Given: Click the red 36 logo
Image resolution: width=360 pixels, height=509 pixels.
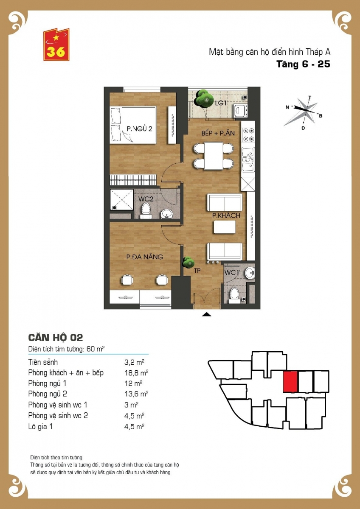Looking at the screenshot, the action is [x=56, y=45].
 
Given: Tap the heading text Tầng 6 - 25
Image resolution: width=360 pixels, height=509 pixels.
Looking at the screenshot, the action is [x=304, y=64].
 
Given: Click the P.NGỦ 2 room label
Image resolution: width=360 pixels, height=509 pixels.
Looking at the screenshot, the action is [x=139, y=129].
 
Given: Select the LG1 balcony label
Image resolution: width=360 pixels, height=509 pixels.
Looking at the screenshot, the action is [x=221, y=103].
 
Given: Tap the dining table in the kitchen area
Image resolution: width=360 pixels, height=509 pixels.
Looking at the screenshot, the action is [x=214, y=156].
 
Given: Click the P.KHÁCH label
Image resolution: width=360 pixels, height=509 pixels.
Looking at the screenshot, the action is [x=226, y=215].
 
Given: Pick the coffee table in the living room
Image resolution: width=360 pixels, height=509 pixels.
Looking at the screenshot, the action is [x=225, y=227].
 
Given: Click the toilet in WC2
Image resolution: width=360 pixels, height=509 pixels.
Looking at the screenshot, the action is [x=146, y=211].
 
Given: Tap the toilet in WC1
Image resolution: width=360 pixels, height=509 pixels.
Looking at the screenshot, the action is [x=234, y=295].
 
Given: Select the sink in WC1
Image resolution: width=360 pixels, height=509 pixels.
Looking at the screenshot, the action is [x=250, y=272].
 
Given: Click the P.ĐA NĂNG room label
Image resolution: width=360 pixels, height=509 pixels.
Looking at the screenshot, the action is [x=145, y=257].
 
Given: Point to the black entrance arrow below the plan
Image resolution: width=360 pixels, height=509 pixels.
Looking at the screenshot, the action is [x=206, y=314].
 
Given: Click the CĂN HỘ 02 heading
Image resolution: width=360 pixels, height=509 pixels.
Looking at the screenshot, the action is [x=56, y=338].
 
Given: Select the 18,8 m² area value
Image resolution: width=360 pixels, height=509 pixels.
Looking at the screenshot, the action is [x=136, y=373].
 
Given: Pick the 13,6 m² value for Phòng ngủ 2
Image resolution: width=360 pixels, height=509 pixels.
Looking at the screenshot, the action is [x=136, y=394].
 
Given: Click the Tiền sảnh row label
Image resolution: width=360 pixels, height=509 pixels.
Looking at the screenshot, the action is [x=43, y=362].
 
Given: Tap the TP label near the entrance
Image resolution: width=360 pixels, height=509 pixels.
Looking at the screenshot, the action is [x=197, y=271].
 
